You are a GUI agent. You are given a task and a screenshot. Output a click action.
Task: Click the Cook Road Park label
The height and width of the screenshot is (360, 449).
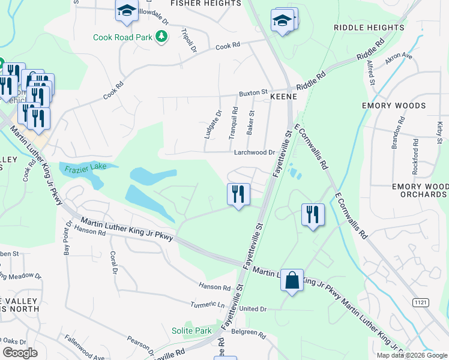click(x=122, y=37)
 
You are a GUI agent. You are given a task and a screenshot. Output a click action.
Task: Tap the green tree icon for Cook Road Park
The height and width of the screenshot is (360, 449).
click(x=161, y=37)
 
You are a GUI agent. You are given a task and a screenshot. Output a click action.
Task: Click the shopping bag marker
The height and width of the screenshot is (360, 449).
click(x=292, y=281)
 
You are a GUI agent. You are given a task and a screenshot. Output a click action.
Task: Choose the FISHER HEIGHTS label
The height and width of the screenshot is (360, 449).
click(x=205, y=3)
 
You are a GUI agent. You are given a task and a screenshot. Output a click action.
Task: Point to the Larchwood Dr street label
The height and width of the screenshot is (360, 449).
click(x=254, y=152)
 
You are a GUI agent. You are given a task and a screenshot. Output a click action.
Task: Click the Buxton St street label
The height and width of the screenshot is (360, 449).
click(x=253, y=93)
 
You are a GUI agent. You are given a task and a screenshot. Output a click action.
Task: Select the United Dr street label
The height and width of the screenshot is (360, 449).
click(x=252, y=308)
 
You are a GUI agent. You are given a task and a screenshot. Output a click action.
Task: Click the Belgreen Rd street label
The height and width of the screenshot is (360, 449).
click(x=248, y=332)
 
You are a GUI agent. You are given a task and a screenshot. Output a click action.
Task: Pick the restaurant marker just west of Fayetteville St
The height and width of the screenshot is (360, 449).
click(x=238, y=195)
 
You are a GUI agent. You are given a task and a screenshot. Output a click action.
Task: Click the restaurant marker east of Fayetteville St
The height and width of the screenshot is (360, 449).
click(x=313, y=215)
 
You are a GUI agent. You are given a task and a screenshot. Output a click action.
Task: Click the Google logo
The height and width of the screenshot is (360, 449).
click(x=20, y=353)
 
